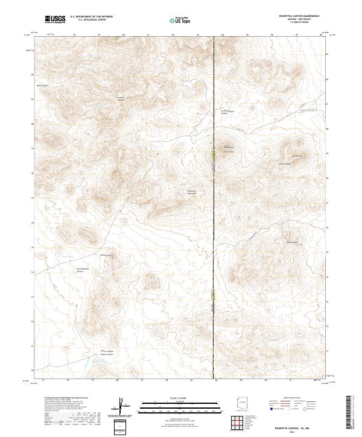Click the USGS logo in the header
[54, 20]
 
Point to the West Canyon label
[43, 86]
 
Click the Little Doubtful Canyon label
[224, 112]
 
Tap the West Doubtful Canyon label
[83, 271]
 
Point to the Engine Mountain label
[191, 192]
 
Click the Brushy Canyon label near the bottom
[106, 353]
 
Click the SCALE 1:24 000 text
[176, 398]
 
